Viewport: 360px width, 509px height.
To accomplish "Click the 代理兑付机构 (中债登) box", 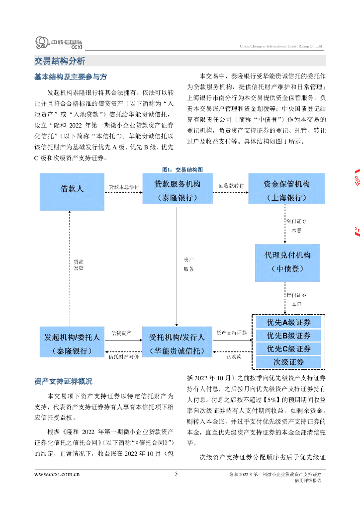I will click(287, 261).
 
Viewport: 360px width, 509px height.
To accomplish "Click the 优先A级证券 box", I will click(288, 322).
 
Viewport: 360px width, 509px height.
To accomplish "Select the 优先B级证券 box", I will click(288, 336).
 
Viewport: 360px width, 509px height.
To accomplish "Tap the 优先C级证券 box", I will click(288, 349).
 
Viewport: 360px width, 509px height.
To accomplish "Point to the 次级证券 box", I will click(288, 362).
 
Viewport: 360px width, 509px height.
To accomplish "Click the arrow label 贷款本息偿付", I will click(124, 187).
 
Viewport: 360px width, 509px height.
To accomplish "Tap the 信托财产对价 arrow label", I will click(124, 356).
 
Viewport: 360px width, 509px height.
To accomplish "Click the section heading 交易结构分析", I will click(60, 61).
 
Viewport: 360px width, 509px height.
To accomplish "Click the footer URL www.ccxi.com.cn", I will click(57, 474).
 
